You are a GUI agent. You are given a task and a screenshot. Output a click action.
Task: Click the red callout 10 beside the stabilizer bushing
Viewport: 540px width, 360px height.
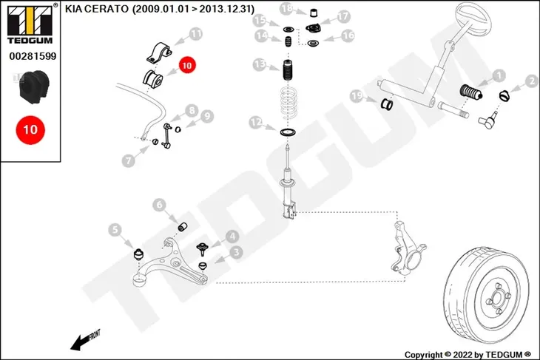(x=187, y=65)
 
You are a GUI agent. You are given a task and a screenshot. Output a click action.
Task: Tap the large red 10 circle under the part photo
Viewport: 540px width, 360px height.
(x=30, y=130)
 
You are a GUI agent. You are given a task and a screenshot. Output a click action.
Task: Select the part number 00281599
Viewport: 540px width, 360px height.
(x=33, y=56)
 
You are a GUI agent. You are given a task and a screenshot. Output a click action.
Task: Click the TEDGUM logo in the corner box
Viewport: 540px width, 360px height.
(x=30, y=24)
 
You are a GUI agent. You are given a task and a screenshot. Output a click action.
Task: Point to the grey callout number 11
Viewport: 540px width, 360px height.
(x=195, y=35)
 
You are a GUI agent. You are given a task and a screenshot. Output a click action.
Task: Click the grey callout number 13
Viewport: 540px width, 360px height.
(x=260, y=64)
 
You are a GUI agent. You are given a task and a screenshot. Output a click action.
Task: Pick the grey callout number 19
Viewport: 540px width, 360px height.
(x=357, y=96)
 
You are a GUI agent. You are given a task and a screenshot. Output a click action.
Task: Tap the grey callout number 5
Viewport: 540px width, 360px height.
(x=115, y=230)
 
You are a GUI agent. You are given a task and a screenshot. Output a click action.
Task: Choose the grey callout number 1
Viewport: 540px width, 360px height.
(x=499, y=75)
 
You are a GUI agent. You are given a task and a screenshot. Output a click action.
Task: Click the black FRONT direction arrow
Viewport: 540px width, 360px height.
(x=85, y=340)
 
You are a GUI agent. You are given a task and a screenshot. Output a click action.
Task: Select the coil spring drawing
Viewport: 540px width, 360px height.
(x=288, y=105)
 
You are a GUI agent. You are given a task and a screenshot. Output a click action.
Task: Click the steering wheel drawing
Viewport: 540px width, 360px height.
(x=473, y=16)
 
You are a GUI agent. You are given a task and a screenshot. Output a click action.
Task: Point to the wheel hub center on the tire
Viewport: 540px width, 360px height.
(x=498, y=299)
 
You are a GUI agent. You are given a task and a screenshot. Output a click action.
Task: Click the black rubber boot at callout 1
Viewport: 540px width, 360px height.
(x=470, y=92)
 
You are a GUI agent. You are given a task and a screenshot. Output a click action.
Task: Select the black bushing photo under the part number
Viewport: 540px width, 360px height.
(x=34, y=87)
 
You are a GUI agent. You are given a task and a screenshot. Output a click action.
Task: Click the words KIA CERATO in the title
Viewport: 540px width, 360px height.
(x=97, y=9)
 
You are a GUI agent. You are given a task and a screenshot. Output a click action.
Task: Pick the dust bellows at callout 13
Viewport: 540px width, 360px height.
(x=288, y=70)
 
